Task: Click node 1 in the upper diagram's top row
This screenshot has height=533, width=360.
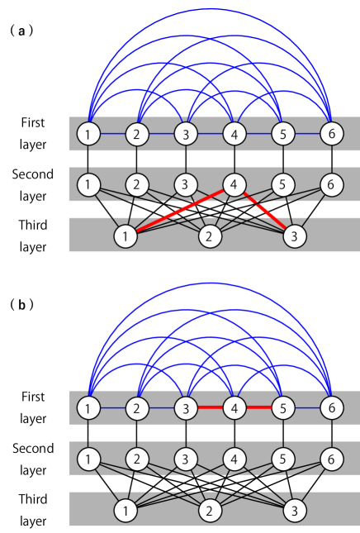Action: pos(88,133)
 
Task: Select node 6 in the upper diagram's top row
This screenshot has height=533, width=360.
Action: pos(331,133)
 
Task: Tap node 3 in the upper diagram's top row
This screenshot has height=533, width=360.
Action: pos(186,133)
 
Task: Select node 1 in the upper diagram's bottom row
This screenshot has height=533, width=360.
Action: pos(126,236)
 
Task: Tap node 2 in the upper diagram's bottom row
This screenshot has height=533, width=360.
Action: pos(210,236)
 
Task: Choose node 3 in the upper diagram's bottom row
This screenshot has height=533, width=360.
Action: pos(294,236)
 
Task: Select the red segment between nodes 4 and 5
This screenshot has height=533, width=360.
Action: pos(258,407)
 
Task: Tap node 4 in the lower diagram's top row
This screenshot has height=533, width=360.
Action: pos(234,407)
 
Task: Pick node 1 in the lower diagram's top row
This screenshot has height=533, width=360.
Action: pos(88,407)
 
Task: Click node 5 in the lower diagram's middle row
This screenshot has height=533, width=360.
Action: pos(282,458)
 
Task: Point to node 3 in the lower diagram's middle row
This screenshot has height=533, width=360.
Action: pos(186,458)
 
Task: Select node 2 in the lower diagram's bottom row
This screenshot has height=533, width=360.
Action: pos(210,511)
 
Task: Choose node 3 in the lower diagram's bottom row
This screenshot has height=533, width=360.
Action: pos(294,511)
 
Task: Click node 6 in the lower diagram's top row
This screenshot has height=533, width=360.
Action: pos(331,407)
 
